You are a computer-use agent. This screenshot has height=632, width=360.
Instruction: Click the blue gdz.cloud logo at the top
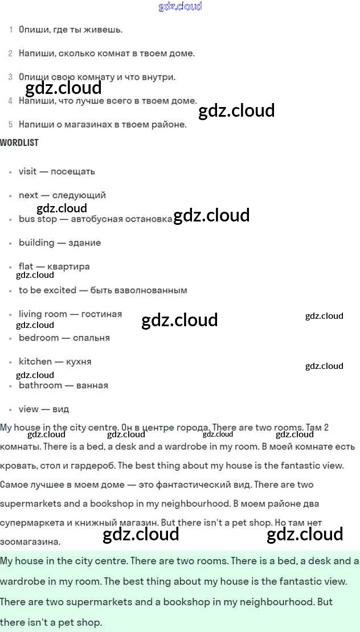[180, 7]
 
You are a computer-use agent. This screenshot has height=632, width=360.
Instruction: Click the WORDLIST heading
[19, 143]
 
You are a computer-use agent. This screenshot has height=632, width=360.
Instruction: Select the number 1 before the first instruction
[11, 29]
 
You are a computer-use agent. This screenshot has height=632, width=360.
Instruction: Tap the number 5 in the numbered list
[11, 124]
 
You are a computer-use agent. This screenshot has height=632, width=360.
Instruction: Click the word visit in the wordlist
[27, 171]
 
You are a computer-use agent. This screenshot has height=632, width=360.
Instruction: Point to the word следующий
[79, 195]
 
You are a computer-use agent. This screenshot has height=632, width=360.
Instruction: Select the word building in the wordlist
[36, 243]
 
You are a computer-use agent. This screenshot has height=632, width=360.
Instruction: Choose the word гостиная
[101, 314]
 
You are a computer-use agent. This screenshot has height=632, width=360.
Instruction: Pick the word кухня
[79, 362]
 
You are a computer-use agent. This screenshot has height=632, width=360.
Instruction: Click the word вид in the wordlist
[61, 409]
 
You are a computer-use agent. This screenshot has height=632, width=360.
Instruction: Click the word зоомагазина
[30, 541]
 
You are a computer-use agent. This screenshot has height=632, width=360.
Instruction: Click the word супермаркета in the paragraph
[31, 523]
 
